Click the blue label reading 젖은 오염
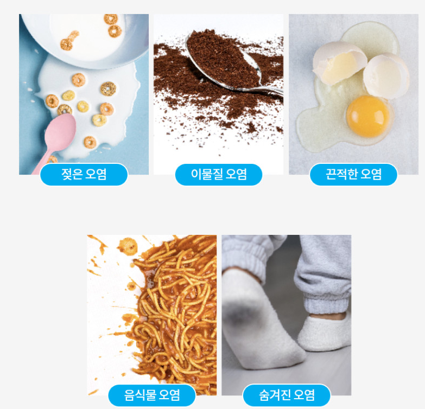click(84, 174)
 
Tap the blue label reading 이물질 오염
click(219, 174)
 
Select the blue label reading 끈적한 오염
click(353, 174)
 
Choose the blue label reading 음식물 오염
click(152, 395)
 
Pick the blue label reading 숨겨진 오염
click(287, 395)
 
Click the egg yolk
click(368, 116)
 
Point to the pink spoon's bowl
click(60, 132)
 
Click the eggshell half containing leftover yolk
click(339, 63)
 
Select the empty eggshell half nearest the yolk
click(386, 76)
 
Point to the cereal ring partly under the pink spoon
click(64, 110)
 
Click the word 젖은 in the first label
click(70, 174)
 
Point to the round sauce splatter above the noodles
click(128, 246)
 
